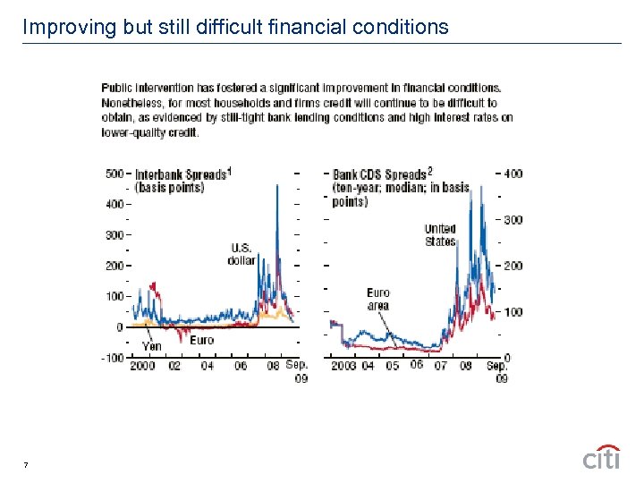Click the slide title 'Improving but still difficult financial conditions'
[x=235, y=27]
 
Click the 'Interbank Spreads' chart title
[x=182, y=174]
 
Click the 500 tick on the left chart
[x=113, y=174]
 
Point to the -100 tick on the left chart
[x=111, y=358]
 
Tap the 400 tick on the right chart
[x=513, y=174]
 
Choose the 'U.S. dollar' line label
[x=241, y=254]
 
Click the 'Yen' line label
[x=152, y=345]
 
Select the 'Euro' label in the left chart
[x=201, y=340]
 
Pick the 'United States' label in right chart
[x=440, y=235]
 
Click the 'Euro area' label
[x=378, y=299]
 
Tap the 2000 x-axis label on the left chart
[x=142, y=365]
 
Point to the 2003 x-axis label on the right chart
[x=343, y=365]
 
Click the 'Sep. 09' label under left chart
[x=297, y=370]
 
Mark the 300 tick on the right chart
[x=513, y=220]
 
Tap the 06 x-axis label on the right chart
[x=417, y=365]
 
